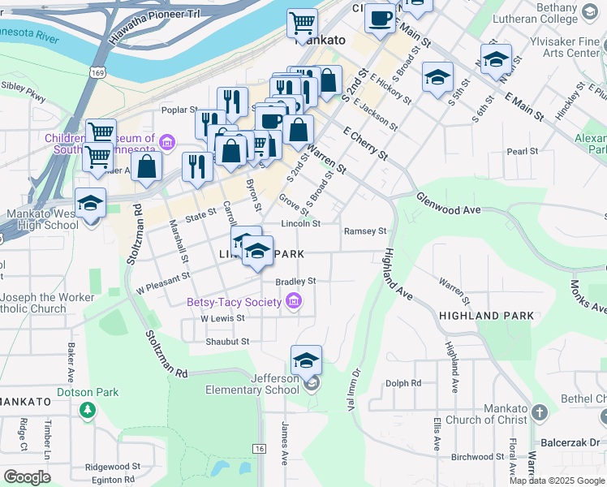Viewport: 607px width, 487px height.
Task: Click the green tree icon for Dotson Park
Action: tap(88, 410)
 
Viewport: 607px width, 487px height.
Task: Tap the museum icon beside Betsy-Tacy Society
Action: tap(294, 303)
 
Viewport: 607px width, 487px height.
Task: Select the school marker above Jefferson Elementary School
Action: tap(306, 360)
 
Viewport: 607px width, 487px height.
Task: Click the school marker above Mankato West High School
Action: tap(90, 203)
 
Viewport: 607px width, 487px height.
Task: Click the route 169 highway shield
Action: tap(98, 72)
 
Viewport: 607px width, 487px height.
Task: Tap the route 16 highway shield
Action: tap(259, 448)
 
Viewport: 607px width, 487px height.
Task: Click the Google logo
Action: tap(27, 477)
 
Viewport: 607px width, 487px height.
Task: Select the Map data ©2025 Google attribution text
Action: tap(557, 481)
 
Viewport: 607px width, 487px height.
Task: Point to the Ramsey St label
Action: tap(365, 231)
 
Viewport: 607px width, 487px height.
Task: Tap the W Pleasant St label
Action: tap(162, 282)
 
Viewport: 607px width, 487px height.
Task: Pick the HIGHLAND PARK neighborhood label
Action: tap(487, 315)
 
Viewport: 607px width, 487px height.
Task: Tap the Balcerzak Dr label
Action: tap(570, 443)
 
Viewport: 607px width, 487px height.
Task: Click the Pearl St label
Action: tap(522, 151)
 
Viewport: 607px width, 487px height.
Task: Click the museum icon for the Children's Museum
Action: tap(167, 144)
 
